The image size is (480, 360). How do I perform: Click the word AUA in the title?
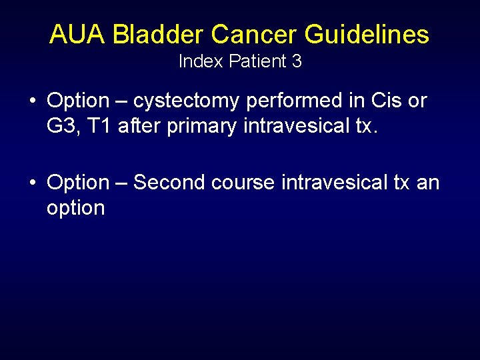(77, 35)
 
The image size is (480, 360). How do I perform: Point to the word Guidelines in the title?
(367, 35)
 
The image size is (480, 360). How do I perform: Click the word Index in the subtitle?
(201, 62)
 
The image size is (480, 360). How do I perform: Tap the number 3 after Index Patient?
(297, 62)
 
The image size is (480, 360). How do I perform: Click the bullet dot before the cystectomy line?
(32, 101)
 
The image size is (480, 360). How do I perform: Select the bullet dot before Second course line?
(32, 183)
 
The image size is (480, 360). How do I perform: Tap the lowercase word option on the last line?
(75, 208)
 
